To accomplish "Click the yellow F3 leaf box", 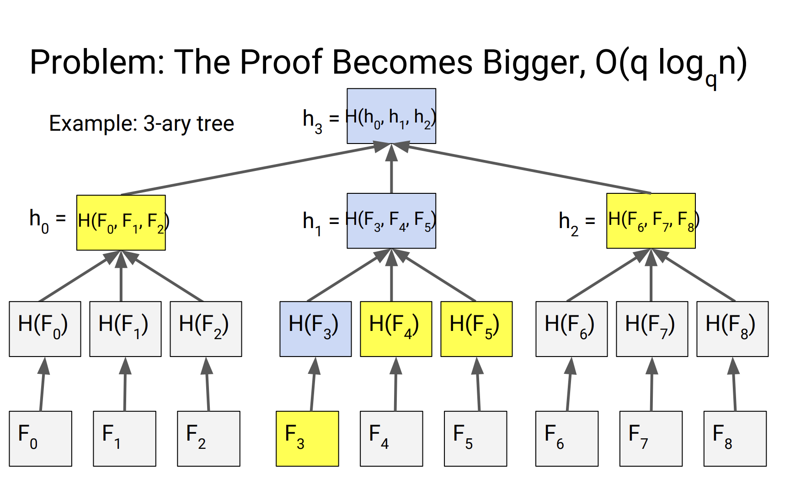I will point(307,438).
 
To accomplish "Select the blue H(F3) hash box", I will point(315,329).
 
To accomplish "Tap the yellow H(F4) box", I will point(396,329).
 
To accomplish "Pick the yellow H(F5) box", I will point(476,329).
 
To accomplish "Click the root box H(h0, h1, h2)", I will point(391,116).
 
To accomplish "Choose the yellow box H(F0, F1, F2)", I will point(121,223).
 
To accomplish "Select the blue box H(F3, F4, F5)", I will point(391,221).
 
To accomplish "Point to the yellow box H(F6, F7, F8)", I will point(651,221).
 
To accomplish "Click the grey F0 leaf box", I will point(40,438).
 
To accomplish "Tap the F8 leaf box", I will point(735,438).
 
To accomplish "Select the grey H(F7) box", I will point(652,329).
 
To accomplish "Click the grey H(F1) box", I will point(125,329).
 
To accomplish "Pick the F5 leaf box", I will point(475,438).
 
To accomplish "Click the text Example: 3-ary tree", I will point(142,123).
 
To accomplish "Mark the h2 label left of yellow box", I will point(569,223).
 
